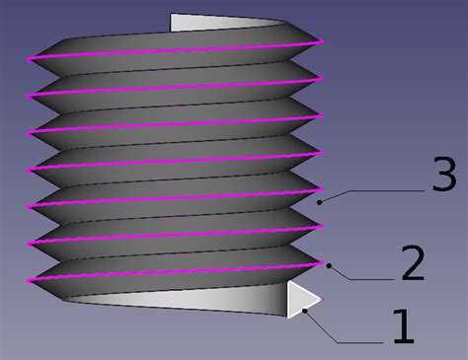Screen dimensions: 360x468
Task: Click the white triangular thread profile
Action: tap(299, 299)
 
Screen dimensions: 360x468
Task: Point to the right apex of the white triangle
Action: tap(321, 298)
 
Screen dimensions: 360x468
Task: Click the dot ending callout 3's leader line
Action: tap(321, 200)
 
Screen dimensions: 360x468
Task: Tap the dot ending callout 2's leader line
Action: tap(329, 263)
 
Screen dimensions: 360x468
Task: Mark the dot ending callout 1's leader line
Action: tap(306, 310)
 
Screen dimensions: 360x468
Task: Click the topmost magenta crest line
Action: tap(178, 50)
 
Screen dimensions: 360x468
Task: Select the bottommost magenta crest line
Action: tap(178, 272)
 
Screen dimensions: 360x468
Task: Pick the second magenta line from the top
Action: tap(178, 87)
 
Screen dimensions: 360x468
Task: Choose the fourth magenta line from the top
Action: tap(178, 162)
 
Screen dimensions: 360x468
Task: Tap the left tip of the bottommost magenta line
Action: tap(30, 281)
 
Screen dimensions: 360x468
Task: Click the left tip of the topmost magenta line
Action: tap(30, 59)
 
